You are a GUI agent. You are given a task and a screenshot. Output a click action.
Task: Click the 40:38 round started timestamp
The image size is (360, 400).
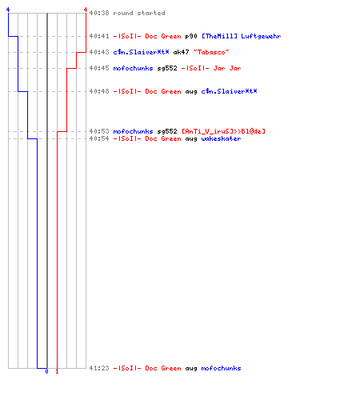[x=99, y=13]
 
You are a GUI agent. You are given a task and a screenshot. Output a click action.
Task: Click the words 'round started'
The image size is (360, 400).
[x=139, y=13]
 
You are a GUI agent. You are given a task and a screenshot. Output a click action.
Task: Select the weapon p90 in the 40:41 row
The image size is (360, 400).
[x=191, y=36]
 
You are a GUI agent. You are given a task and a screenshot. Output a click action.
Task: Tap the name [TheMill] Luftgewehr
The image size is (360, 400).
[x=241, y=36]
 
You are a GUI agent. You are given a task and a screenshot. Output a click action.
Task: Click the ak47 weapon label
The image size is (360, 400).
[x=181, y=52]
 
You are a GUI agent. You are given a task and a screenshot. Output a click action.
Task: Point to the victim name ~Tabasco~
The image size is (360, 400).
[x=211, y=52]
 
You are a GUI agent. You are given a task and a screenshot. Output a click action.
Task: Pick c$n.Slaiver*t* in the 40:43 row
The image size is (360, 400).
[x=141, y=52]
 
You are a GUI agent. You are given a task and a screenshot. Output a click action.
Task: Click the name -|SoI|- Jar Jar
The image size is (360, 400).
[x=211, y=68]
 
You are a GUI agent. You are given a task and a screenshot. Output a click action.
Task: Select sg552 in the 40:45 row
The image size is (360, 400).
[x=167, y=68]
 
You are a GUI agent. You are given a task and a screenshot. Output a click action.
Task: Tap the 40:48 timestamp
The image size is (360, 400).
[x=99, y=91]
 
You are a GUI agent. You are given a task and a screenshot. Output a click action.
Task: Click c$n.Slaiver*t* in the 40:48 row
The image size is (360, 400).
[x=229, y=91]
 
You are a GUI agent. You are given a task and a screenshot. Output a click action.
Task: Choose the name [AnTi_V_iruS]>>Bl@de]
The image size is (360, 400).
[x=223, y=131]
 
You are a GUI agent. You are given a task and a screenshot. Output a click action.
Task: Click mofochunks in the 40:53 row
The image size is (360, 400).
[x=133, y=131]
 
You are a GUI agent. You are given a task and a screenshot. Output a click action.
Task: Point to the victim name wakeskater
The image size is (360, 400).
[x=221, y=138]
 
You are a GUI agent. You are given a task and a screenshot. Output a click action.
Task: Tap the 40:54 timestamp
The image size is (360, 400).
[x=99, y=138]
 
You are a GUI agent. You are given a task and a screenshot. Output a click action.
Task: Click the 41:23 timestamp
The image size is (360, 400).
[x=99, y=368]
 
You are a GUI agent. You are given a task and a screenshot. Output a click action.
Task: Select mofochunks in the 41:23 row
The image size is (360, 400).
[x=221, y=368]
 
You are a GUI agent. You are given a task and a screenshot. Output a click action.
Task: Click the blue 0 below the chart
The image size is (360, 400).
[x=47, y=371]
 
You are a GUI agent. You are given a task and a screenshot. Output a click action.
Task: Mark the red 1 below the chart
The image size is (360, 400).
[x=57, y=371]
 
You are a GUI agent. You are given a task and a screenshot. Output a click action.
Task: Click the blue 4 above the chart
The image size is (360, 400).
[x=8, y=10]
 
